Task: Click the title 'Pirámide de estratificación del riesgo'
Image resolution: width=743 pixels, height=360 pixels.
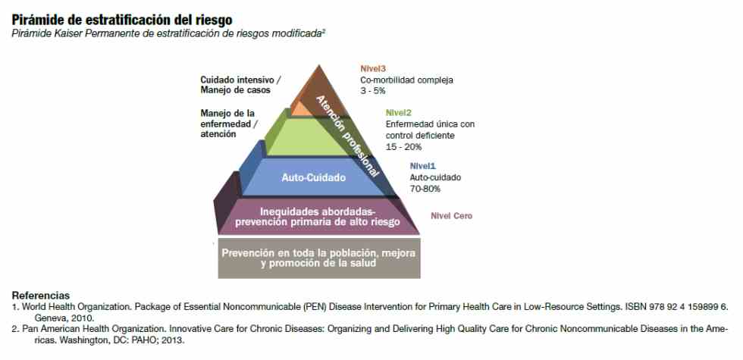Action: click(122, 20)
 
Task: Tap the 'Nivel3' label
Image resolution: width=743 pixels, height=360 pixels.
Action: click(373, 69)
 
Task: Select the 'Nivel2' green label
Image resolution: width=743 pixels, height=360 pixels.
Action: click(399, 113)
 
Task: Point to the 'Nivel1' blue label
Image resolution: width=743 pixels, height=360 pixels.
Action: click(423, 166)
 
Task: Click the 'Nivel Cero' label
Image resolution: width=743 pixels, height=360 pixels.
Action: click(452, 216)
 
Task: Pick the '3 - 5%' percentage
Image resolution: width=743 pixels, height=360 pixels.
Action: click(372, 91)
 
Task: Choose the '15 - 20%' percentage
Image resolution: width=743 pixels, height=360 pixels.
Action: click(403, 147)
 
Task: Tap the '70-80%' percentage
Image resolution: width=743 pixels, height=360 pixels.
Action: click(425, 189)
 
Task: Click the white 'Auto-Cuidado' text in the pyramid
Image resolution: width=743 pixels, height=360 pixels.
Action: click(314, 177)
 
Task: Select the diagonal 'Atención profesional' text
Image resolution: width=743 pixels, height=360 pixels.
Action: click(348, 136)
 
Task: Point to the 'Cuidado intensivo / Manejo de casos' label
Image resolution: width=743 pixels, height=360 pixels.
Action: click(240, 85)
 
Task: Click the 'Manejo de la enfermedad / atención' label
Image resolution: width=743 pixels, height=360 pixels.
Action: click(229, 124)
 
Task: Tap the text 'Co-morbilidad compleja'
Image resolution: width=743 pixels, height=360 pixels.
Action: click(406, 80)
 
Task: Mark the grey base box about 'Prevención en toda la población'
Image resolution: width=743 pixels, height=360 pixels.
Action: click(319, 258)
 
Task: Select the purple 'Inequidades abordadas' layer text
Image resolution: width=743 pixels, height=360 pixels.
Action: click(318, 217)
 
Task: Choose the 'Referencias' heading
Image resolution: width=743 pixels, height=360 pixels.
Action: click(41, 295)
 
